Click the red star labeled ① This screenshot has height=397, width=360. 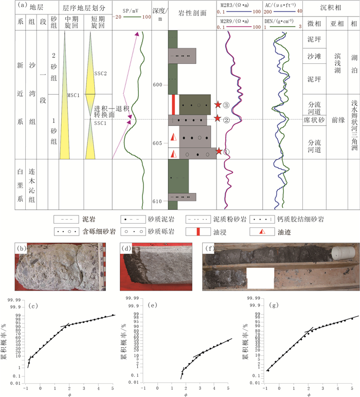click(x=220, y=151)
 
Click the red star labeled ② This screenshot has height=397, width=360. click(x=218, y=119)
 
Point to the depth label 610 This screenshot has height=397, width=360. click(x=157, y=201)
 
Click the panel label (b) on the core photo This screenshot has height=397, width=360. click(x=22, y=236)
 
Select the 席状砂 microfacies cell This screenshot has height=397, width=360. click(x=314, y=119)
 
